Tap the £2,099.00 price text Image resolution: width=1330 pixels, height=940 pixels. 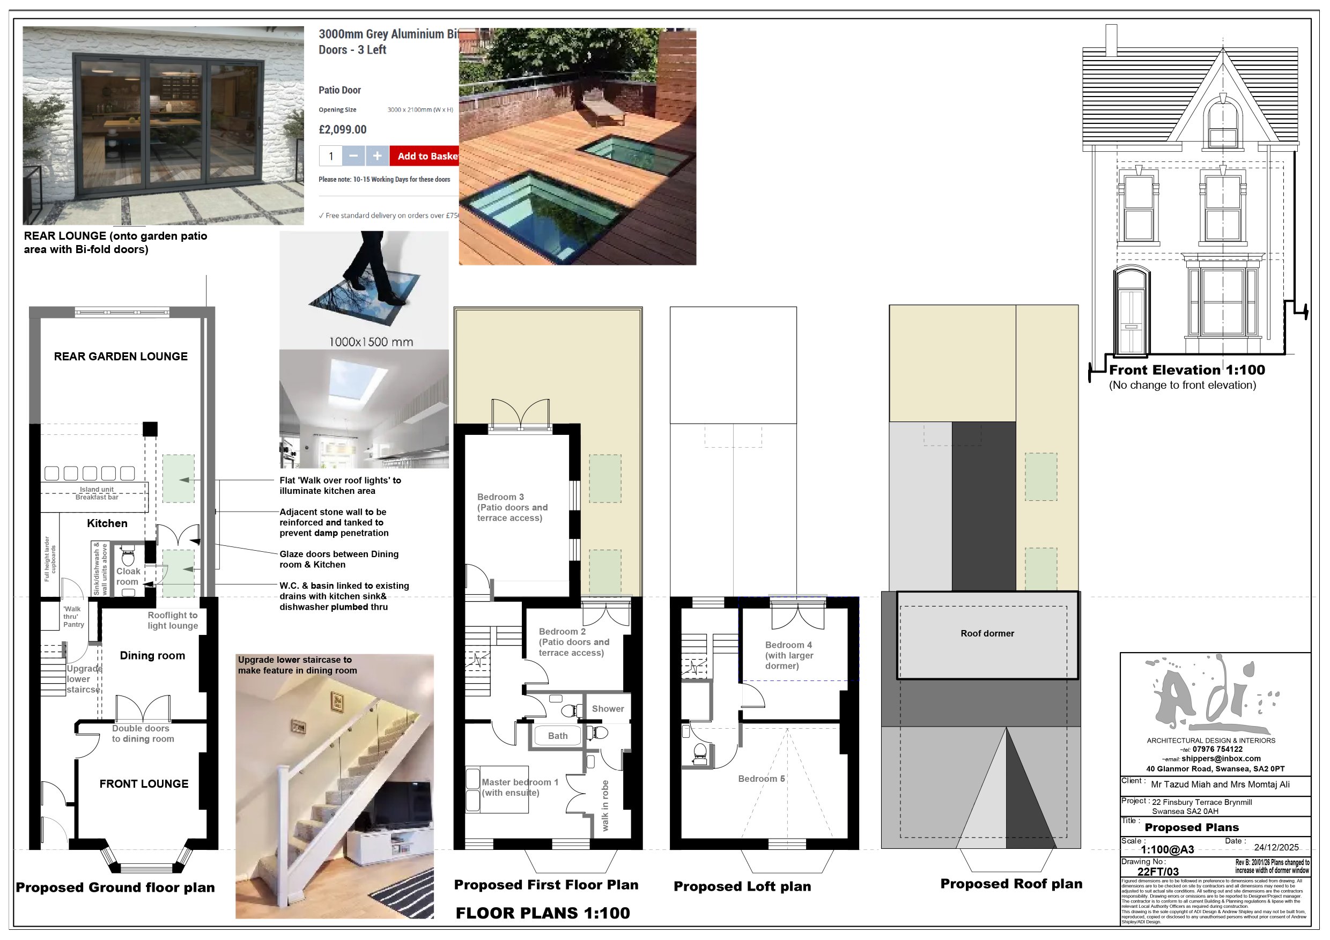point(342,130)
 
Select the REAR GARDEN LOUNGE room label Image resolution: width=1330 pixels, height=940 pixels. point(121,356)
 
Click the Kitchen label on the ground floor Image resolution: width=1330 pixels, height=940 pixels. point(107,523)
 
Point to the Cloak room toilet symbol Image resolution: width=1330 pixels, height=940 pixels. point(128,558)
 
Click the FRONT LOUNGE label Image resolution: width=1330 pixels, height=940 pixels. point(144,783)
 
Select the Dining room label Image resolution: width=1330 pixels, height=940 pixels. point(152,655)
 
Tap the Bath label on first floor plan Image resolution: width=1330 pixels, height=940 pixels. point(558,736)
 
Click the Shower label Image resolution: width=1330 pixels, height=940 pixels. point(608,708)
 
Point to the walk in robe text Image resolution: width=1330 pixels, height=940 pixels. point(605,805)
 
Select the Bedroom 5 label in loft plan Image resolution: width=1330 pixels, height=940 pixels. point(761,779)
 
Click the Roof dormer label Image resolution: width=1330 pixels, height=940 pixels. point(987,633)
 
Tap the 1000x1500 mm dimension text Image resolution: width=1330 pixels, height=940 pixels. point(371,342)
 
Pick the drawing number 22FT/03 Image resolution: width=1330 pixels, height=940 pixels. point(1157,872)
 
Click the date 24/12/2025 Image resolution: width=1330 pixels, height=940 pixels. point(1276,847)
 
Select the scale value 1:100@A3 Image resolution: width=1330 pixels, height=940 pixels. point(1166,850)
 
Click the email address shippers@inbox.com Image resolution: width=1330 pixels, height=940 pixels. point(1221,758)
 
